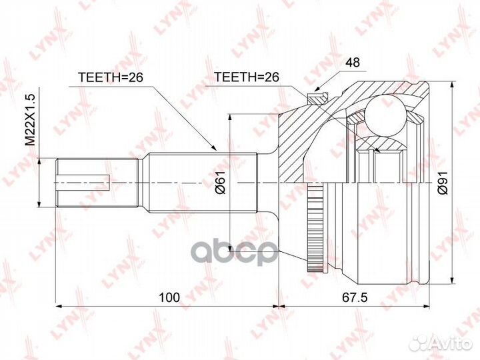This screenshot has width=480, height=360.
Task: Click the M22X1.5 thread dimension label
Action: click(x=30, y=120)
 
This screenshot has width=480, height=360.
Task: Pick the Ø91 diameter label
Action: click(x=443, y=182)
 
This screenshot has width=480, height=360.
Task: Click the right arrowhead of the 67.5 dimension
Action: click(x=424, y=307)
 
